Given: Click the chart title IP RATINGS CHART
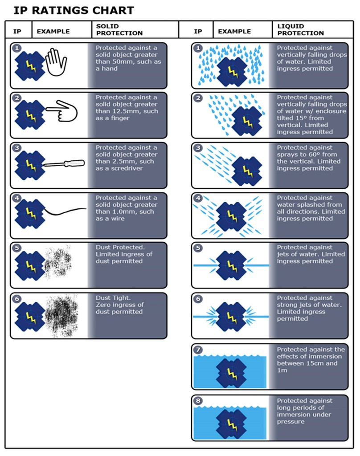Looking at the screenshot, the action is pyautogui.click(x=74, y=11).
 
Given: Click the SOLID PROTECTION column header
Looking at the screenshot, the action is pyautogui.click(x=119, y=30).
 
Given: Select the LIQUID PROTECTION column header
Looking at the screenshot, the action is pyautogui.click(x=300, y=30).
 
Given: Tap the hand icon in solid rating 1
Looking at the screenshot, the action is pyautogui.click(x=56, y=62).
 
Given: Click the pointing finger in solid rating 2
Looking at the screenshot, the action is pyautogui.click(x=61, y=111).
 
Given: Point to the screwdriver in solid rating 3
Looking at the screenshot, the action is pyautogui.click(x=64, y=163).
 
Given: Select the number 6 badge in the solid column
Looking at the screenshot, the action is pyautogui.click(x=17, y=299).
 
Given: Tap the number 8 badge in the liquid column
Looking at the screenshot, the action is pyautogui.click(x=198, y=401).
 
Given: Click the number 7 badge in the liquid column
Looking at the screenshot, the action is pyautogui.click(x=198, y=350).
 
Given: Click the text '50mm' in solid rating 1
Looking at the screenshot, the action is pyautogui.click(x=120, y=61).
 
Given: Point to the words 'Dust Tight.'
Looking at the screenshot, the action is pyautogui.click(x=113, y=298).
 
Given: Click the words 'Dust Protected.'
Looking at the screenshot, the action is pyautogui.click(x=120, y=247).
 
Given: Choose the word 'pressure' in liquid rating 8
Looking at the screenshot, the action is pyautogui.click(x=290, y=422).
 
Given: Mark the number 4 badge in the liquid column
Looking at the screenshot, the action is pyautogui.click(x=198, y=198).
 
